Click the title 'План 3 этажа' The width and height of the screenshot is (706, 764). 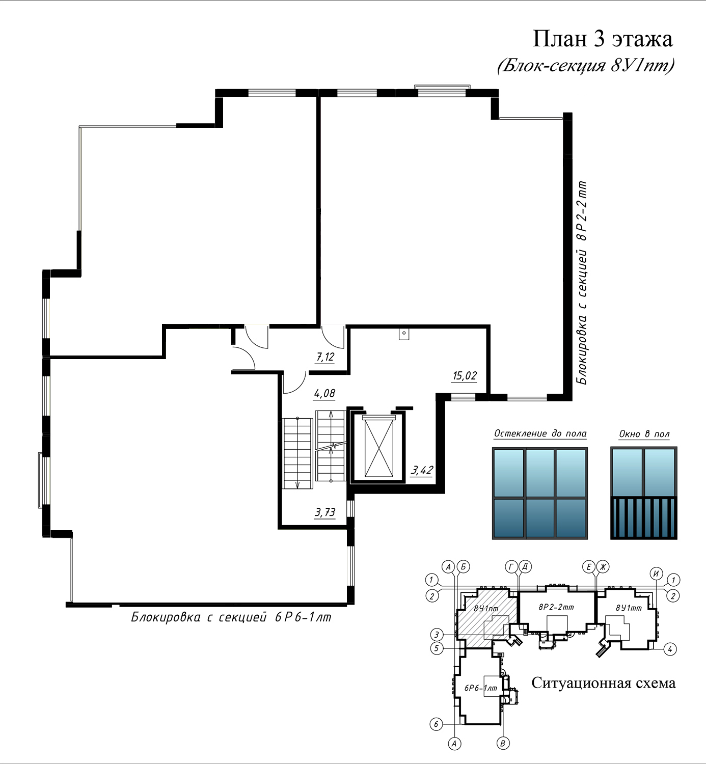(603, 39)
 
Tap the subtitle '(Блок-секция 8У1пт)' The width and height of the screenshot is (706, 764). (586, 66)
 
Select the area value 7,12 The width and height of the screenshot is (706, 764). (325, 357)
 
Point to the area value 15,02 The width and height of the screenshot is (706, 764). (465, 375)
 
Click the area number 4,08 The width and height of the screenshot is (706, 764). (324, 394)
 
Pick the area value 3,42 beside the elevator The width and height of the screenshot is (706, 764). (422, 470)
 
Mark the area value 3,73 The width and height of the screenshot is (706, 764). (325, 512)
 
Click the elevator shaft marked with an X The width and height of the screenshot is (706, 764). (379, 448)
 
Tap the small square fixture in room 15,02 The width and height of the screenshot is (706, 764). (403, 334)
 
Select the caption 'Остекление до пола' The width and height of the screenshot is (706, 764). (540, 433)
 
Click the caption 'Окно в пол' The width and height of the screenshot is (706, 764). (644, 434)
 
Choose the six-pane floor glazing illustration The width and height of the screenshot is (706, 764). (540, 493)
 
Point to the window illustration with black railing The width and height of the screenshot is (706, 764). (644, 493)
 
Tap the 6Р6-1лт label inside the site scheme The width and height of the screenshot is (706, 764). (481, 688)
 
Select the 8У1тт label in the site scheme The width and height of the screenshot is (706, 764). (629, 608)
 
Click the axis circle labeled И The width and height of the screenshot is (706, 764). (656, 574)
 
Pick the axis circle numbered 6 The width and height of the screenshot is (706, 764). (436, 724)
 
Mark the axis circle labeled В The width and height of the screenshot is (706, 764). (503, 744)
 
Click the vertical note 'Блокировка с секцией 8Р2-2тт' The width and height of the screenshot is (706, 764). (582, 283)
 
